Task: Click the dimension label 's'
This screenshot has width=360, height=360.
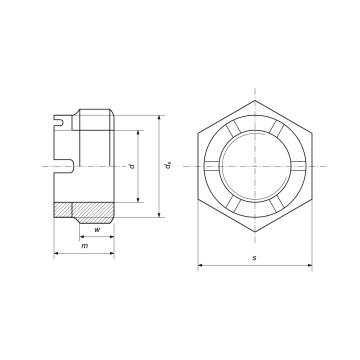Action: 254,258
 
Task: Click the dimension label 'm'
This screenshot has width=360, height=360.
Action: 84,246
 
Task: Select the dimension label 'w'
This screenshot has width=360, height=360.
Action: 97,229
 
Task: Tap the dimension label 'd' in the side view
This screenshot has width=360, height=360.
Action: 132,166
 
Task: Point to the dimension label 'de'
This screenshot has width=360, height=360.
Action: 168,165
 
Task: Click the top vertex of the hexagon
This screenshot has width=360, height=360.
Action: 255,100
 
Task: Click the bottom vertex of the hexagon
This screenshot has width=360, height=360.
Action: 255,232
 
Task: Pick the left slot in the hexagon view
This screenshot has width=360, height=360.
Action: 211,166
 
